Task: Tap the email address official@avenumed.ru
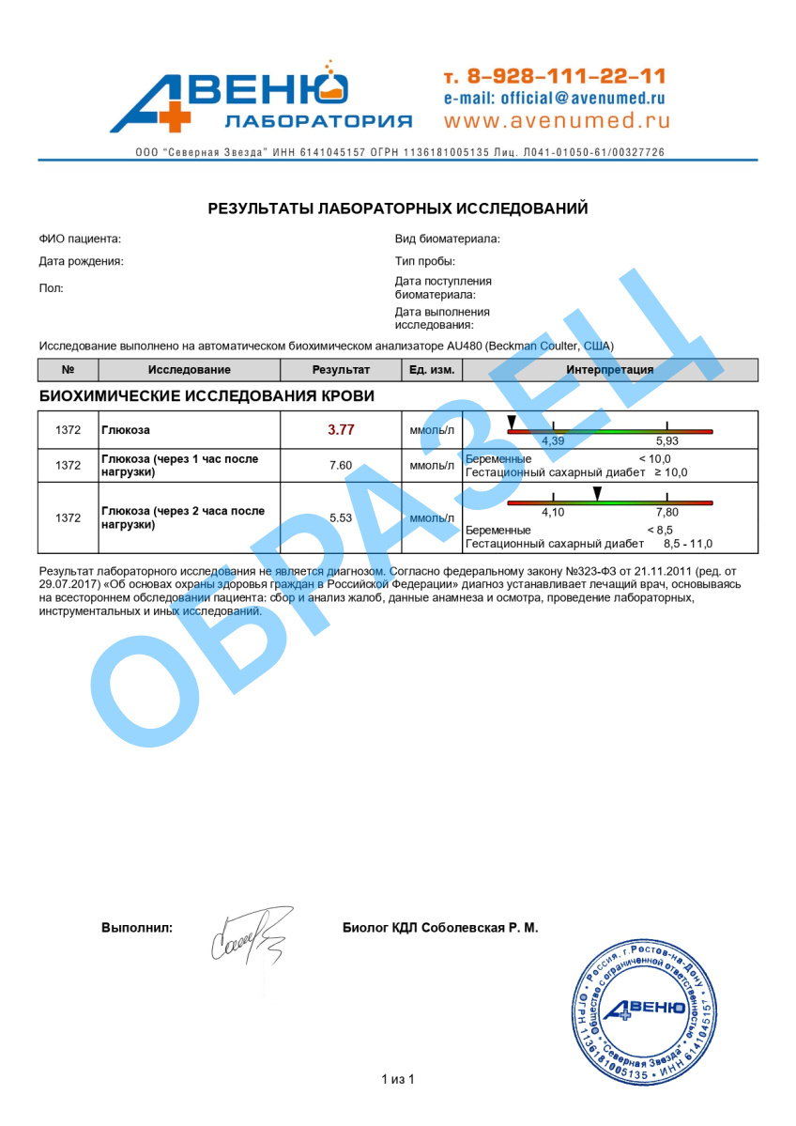[x=554, y=98]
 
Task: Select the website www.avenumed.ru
[x=557, y=121]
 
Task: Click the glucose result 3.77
[x=341, y=430]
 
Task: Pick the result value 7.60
[x=340, y=465]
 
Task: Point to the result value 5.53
[x=340, y=517]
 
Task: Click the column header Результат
[x=341, y=370]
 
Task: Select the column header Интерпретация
[x=609, y=370]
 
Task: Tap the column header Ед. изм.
[x=432, y=370]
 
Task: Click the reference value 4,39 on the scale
[x=554, y=440]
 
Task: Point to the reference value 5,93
[x=666, y=440]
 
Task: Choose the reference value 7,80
[x=666, y=512]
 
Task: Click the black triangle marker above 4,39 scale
[x=512, y=421]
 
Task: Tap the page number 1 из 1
[x=397, y=1079]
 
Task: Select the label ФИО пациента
[x=80, y=239]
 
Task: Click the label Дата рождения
[x=81, y=262]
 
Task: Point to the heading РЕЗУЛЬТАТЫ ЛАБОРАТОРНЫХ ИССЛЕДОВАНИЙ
[x=398, y=208]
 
